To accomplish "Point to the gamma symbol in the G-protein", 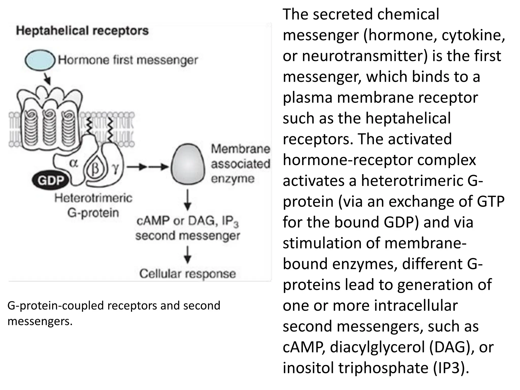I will [116, 168].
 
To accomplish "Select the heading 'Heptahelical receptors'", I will [82, 31].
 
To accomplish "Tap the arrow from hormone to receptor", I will [47, 79].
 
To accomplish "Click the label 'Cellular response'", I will [187, 274].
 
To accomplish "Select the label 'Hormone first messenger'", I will [128, 60].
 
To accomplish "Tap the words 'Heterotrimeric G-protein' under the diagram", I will [93, 205].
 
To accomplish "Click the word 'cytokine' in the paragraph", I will [473, 35].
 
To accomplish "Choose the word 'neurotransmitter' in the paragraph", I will [363, 56].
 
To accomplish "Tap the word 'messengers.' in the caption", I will [40, 321].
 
